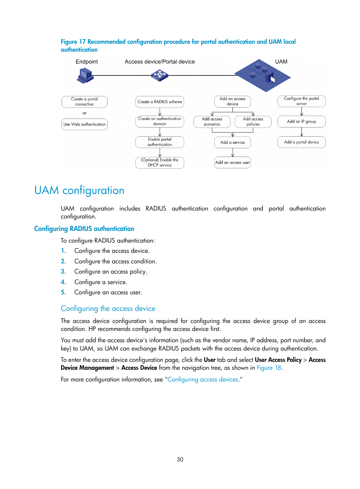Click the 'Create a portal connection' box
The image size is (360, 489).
[85, 102]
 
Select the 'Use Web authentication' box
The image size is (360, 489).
[85, 125]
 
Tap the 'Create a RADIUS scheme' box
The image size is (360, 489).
[160, 102]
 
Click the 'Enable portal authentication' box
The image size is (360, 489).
[160, 142]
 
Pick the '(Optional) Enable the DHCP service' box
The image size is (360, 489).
[160, 163]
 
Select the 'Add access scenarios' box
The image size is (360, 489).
[212, 121]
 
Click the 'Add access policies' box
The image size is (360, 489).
[253, 121]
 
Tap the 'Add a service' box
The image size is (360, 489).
[232, 143]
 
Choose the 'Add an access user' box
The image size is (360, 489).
[232, 163]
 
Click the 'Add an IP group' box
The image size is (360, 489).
[301, 121]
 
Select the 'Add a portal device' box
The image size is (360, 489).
[301, 142]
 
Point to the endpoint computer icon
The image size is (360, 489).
[85, 75]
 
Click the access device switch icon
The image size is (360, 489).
[160, 75]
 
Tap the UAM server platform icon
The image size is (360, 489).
[262, 75]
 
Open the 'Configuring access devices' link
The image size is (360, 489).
[203, 380]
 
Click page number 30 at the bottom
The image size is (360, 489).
[180, 460]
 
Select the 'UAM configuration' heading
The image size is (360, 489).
[79, 190]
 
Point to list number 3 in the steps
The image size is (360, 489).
[63, 272]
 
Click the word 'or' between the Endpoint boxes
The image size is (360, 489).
[85, 113]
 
